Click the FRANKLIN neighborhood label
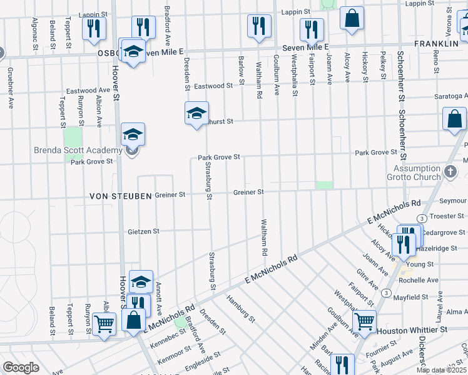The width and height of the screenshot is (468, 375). tap(436, 44)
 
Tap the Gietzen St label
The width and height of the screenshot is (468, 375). tap(143, 231)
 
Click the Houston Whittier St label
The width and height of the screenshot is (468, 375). tap(412, 329)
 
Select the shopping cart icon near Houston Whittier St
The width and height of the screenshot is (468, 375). tap(364, 321)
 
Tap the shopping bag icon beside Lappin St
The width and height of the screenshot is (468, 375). tap(352, 18)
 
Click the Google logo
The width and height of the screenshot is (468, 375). tap(21, 367)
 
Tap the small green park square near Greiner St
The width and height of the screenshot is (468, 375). tap(324, 185)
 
